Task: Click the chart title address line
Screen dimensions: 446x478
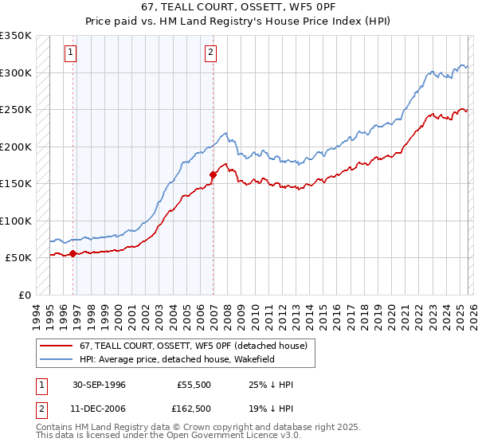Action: [238, 7]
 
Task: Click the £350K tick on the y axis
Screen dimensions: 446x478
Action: [16, 36]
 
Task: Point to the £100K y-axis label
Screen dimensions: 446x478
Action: [16, 221]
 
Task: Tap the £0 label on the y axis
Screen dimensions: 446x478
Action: [24, 295]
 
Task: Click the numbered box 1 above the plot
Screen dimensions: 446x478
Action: [71, 53]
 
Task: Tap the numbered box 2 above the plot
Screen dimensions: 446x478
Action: [210, 53]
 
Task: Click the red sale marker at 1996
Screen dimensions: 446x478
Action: [73, 254]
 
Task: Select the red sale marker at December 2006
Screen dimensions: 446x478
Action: [214, 174]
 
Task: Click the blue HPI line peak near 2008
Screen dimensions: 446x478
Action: [225, 133]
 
